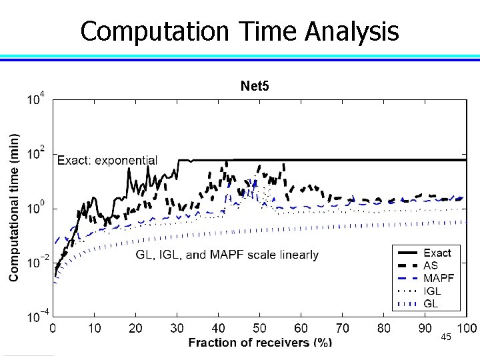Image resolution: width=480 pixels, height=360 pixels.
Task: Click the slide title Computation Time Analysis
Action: click(239, 31)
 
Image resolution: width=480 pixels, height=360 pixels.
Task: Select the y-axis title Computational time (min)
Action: click(14, 206)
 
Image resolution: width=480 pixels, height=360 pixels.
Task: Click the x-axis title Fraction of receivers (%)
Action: click(260, 342)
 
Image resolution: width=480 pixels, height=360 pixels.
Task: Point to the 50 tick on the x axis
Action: click(259, 327)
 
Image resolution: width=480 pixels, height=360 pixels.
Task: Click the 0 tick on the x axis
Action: click(53, 327)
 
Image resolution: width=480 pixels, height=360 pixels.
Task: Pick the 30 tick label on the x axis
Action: click(177, 327)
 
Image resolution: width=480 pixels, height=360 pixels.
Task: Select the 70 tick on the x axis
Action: click(342, 327)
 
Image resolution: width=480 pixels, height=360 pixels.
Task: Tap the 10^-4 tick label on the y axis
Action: click(35, 317)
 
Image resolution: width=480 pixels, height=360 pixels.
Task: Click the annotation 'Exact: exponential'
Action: click(107, 160)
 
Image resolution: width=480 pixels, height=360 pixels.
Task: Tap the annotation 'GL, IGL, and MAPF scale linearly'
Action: click(227, 255)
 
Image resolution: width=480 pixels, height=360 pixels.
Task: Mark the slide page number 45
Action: click(446, 338)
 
